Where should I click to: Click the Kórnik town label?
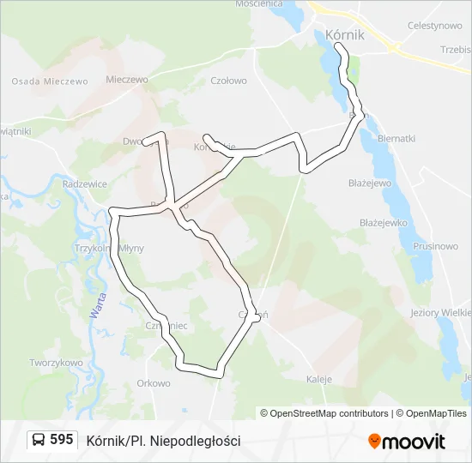(345, 35)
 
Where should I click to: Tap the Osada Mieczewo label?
(50, 81)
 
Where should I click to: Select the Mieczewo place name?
(126, 80)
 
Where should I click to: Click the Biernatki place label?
(396, 138)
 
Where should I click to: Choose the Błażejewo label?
(370, 183)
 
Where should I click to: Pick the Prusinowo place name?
(435, 246)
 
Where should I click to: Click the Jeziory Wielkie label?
(441, 313)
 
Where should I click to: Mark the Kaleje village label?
(319, 378)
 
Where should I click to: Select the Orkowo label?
(154, 383)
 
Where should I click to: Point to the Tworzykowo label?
(56, 363)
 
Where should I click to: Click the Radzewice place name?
(85, 183)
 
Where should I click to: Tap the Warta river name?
(95, 304)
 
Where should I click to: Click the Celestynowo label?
(436, 26)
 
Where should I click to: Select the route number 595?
(62, 440)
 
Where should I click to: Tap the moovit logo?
(407, 442)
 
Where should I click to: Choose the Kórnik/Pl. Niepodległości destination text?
(163, 441)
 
